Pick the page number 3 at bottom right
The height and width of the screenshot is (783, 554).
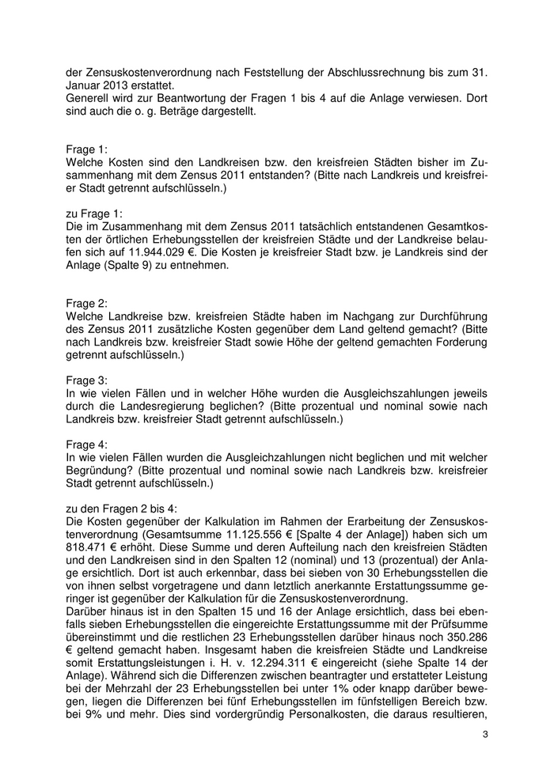(484, 735)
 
